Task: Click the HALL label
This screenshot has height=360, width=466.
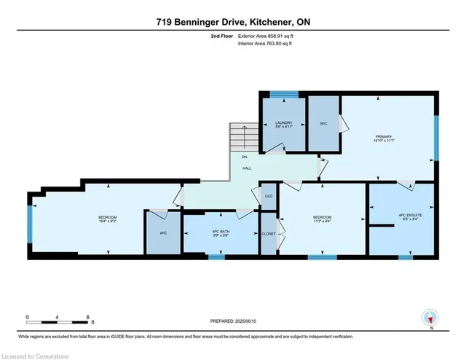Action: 247,168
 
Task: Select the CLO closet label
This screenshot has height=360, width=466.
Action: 268,196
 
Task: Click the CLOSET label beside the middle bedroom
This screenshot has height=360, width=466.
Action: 269,234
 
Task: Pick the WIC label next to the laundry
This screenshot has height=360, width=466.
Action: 324,124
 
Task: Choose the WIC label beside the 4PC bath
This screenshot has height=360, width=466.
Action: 163,234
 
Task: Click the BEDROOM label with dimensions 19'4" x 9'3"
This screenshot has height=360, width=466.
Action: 108,219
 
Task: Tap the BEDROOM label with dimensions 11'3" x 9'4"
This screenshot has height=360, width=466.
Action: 322,219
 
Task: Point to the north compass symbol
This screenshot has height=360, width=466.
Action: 430,318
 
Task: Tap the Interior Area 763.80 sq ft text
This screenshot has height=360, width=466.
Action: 266,44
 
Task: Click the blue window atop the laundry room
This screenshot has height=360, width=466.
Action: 284,93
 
